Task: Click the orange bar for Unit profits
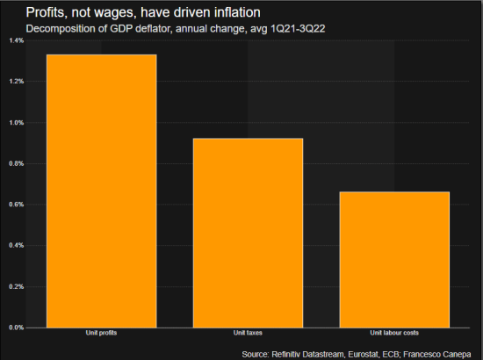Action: tap(102, 191)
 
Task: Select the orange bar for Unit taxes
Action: tap(249, 233)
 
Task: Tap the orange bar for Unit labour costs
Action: tap(394, 259)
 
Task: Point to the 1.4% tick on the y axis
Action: tap(17, 40)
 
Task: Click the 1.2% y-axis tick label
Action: tap(17, 82)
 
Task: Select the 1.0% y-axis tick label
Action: tap(17, 123)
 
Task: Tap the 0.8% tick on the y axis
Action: tap(17, 163)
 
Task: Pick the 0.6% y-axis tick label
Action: tap(17, 205)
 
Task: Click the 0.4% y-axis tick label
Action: tap(17, 246)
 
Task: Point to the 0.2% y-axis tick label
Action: tap(17, 286)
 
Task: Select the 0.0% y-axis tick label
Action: tap(17, 328)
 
